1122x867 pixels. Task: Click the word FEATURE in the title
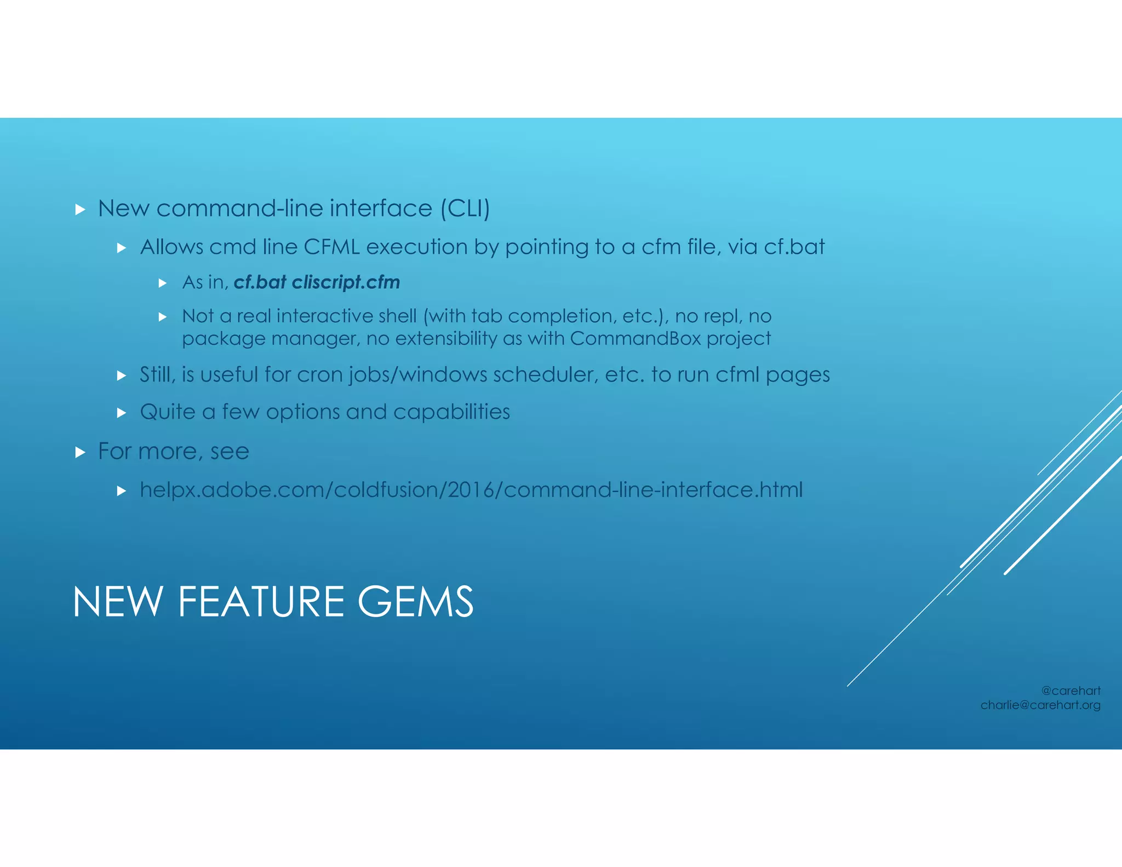click(x=261, y=602)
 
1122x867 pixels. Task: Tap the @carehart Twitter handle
click(x=1071, y=691)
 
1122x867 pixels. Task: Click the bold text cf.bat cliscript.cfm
click(x=317, y=282)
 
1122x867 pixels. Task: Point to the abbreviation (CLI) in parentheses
click(x=465, y=209)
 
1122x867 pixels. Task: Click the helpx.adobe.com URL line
click(x=471, y=489)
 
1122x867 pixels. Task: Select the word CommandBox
click(x=635, y=339)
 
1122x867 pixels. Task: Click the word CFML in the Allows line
click(x=331, y=247)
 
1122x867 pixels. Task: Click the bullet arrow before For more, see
click(x=81, y=453)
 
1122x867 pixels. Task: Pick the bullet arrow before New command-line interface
click(x=81, y=209)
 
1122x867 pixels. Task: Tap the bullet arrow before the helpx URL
click(x=122, y=491)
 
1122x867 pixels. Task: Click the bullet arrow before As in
click(x=162, y=283)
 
